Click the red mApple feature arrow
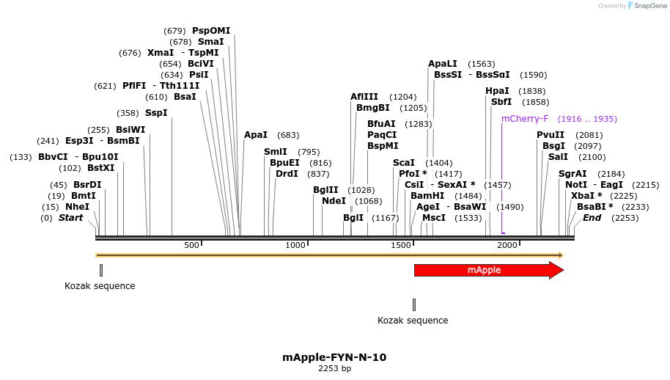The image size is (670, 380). coord(484,270)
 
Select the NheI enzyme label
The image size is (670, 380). coord(77,207)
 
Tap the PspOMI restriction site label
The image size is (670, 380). coord(211,31)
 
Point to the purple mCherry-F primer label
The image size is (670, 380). coord(525,119)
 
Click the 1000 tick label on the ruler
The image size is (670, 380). coord(295,245)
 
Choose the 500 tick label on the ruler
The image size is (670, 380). coord(192,245)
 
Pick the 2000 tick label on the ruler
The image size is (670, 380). coord(507,245)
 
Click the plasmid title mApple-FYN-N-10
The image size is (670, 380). coord(334,357)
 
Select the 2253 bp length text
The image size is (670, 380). coord(334,368)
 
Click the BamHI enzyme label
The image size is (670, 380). coord(427,196)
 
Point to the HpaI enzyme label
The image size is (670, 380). coord(497,91)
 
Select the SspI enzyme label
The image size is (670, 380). coord(156,113)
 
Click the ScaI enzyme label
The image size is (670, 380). coord(404,163)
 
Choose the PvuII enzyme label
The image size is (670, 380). coord(551,135)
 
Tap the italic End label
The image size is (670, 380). coord(592,218)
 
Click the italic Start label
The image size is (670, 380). coord(70,218)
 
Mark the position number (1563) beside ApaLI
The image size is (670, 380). coord(482,64)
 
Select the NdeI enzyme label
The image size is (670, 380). coord(334,201)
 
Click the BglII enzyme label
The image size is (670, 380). coord(325,190)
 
